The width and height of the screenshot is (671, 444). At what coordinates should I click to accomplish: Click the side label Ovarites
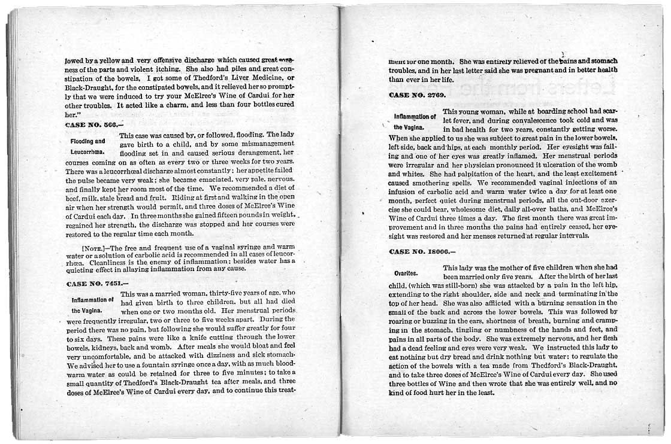(x=406, y=273)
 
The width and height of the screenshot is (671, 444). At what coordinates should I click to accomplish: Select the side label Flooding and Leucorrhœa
(x=88, y=147)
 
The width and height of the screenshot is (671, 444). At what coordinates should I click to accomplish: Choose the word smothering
(x=431, y=183)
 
